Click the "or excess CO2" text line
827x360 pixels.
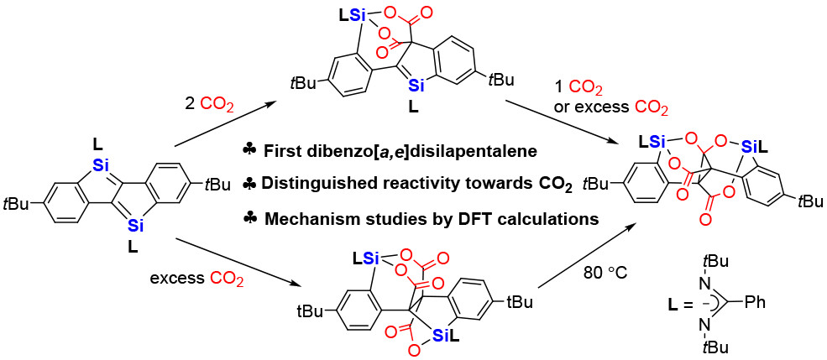(612, 107)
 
